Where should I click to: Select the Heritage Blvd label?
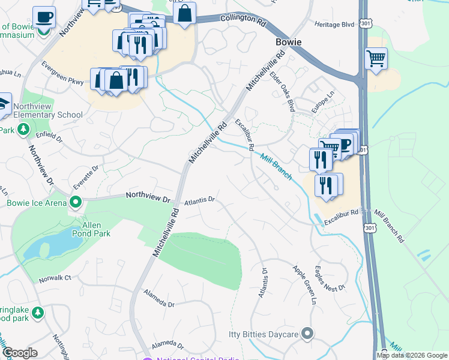(x=334, y=24)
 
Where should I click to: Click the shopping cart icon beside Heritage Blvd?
(x=376, y=59)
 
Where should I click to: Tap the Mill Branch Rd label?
(x=390, y=226)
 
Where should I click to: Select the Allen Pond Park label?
(x=96, y=229)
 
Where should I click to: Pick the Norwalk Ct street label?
(x=55, y=278)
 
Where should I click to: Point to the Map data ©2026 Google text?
(x=412, y=355)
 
